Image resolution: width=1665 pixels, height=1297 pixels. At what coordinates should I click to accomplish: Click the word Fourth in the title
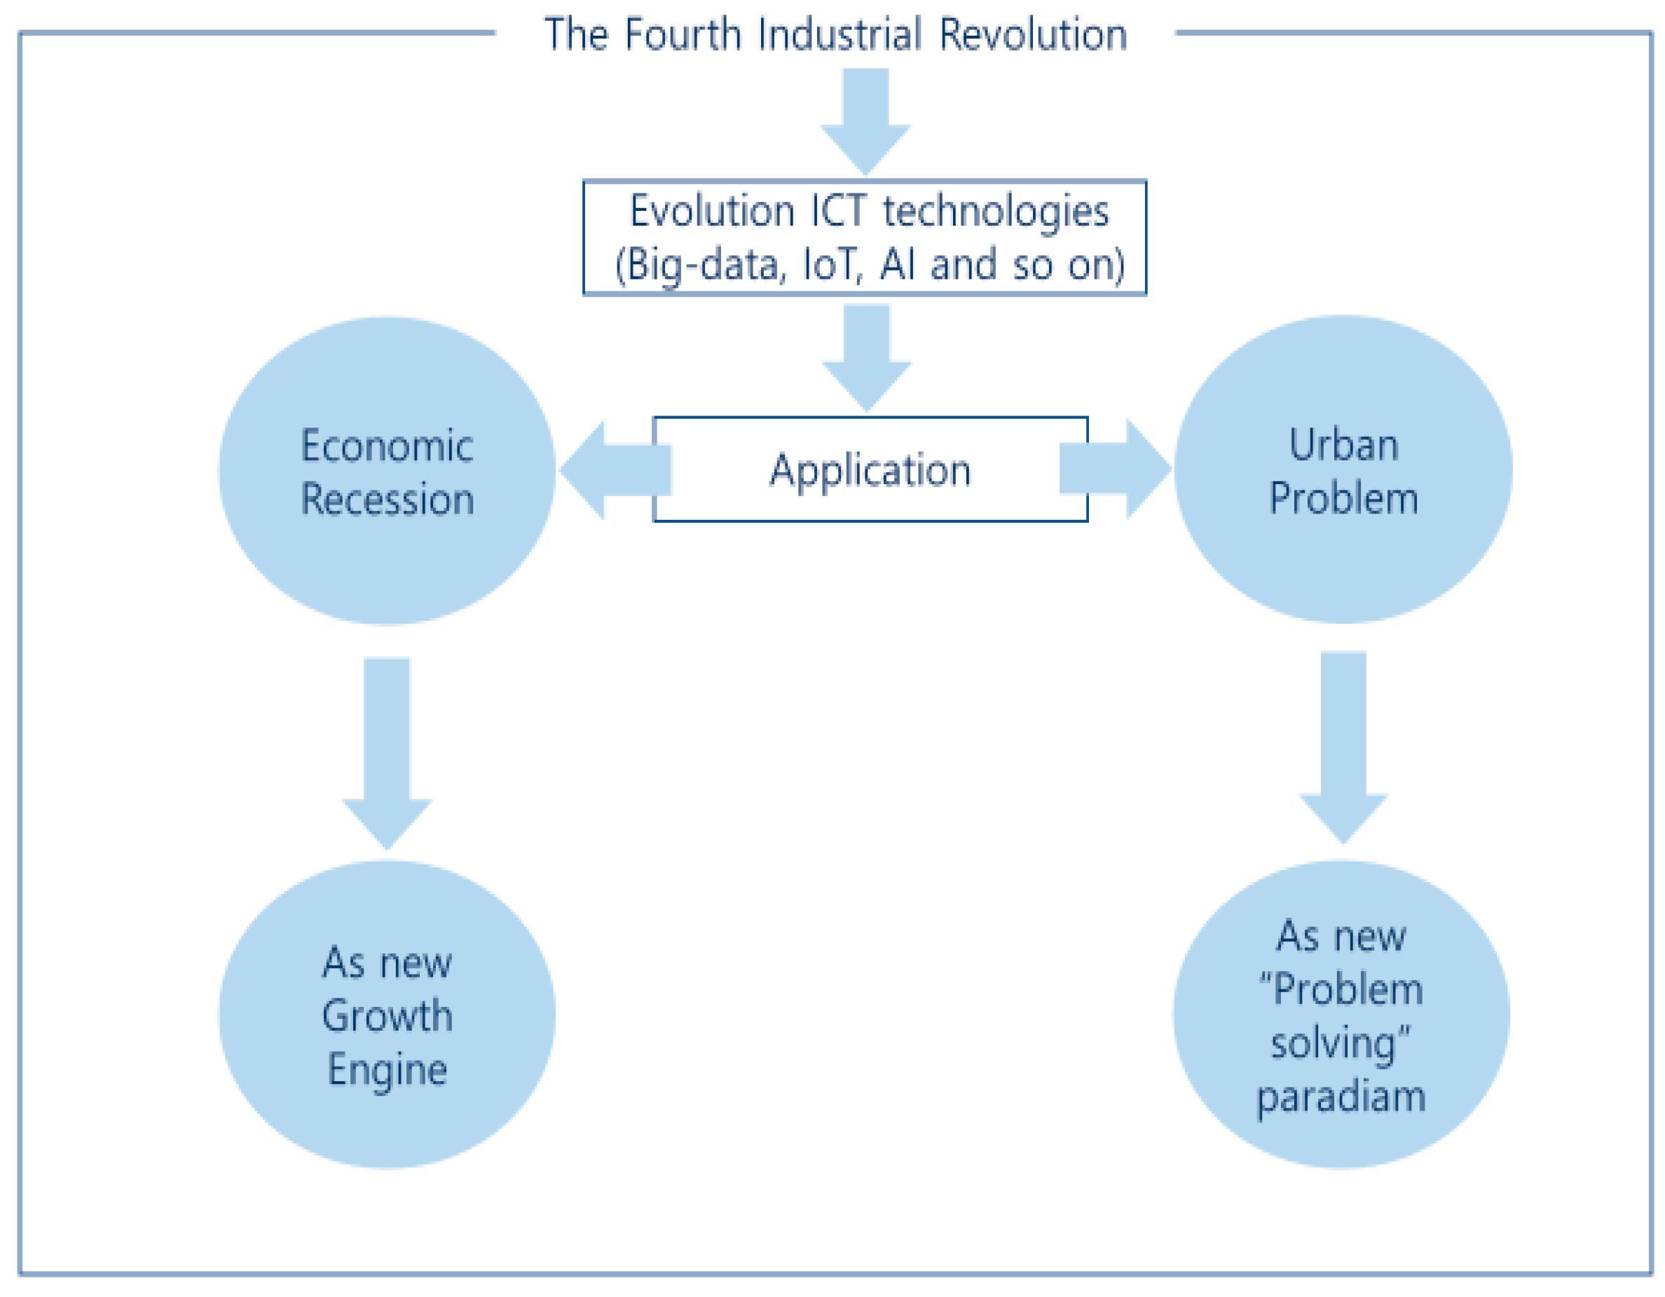683,35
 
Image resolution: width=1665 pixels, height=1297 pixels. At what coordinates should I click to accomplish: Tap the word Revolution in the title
1033,35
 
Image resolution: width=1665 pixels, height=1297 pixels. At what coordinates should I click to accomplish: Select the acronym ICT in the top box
838,211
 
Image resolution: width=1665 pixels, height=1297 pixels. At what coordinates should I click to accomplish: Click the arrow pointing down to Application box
867,355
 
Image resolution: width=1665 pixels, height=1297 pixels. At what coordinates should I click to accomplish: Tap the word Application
870,470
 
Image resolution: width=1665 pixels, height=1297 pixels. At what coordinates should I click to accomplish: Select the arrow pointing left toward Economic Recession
610,470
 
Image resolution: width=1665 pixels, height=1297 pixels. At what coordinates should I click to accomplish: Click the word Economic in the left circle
388,446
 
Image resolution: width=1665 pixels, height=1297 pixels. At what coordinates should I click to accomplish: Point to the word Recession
388,500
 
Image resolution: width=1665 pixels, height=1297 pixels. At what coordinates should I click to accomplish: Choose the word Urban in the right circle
1343,444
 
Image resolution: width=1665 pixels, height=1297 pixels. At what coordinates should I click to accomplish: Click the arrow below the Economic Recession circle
387,751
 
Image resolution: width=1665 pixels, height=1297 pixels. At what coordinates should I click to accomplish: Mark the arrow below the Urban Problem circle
1343,746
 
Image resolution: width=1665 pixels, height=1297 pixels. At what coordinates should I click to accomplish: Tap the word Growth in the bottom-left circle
388,1017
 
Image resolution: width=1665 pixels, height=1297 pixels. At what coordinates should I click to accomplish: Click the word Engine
388,1070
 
